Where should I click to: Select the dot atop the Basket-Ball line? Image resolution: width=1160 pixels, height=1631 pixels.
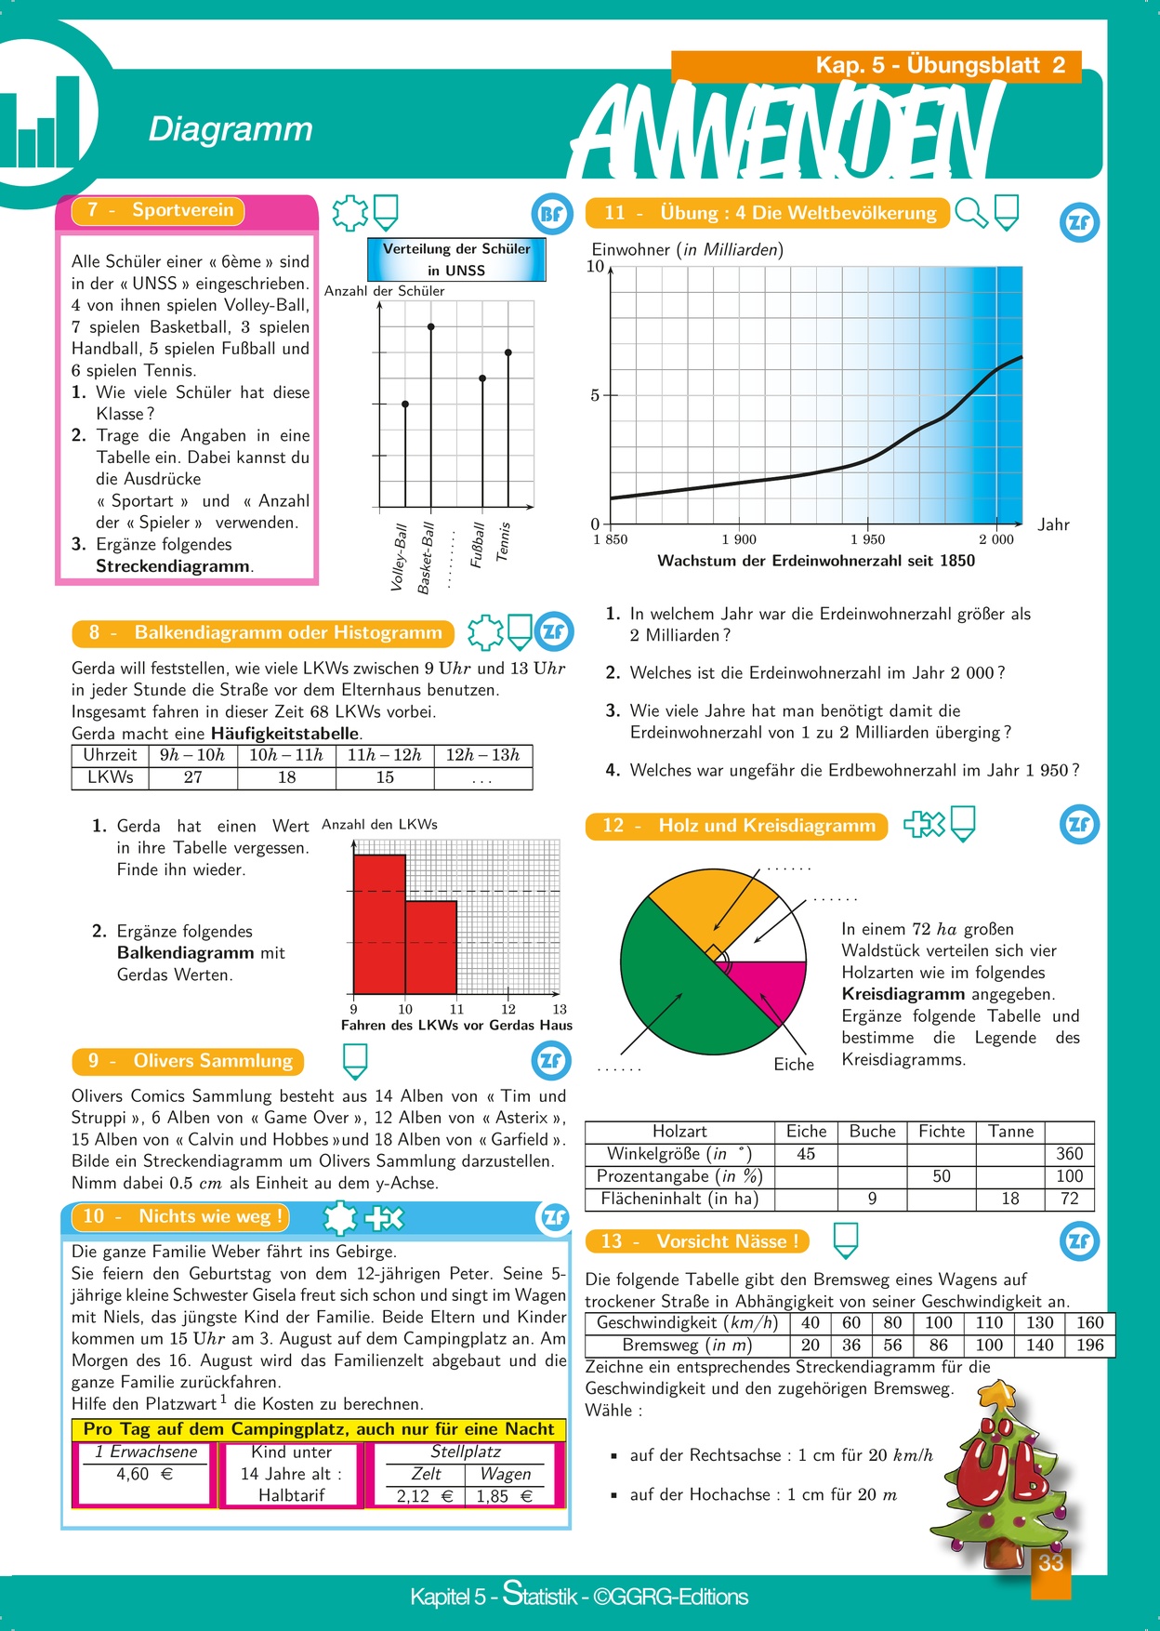430,326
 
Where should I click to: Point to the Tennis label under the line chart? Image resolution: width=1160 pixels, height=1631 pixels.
503,541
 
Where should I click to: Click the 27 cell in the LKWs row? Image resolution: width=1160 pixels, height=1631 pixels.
192,777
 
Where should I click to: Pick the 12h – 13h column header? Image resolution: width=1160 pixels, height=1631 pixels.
482,755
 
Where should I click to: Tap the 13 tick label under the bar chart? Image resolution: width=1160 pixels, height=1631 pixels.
560,1009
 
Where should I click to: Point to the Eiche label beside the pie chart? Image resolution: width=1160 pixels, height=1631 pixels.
794,1065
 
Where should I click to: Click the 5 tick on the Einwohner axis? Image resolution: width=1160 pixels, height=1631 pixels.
595,395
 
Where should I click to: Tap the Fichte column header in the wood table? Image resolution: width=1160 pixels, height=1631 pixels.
942,1132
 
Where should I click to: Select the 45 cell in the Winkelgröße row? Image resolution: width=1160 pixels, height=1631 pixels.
805,1154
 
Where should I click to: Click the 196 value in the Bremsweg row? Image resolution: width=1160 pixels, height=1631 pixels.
1089,1345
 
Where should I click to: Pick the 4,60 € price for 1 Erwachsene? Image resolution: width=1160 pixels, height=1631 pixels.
144,1474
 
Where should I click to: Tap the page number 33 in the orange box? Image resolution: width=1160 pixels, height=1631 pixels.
1050,1563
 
